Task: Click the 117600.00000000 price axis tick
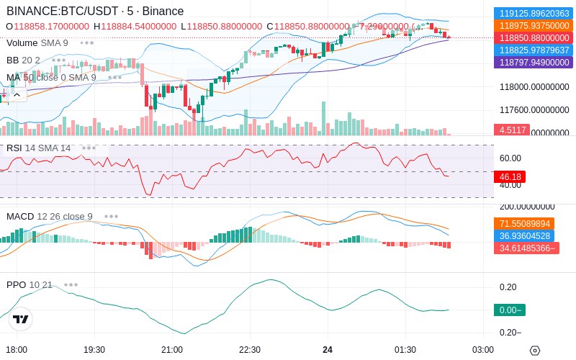pos(534,110)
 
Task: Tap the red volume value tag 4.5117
pos(511,130)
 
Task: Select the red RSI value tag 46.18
pos(510,176)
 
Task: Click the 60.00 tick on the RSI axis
pos(510,158)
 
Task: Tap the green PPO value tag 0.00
pos(509,310)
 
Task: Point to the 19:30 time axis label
pos(94,350)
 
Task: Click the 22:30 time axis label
pos(250,350)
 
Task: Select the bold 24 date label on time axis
pos(328,350)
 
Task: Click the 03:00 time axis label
pos(483,350)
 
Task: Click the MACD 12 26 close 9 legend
pos(50,216)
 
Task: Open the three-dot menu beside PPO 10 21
pos(71,284)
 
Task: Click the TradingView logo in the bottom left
pos(21,319)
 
